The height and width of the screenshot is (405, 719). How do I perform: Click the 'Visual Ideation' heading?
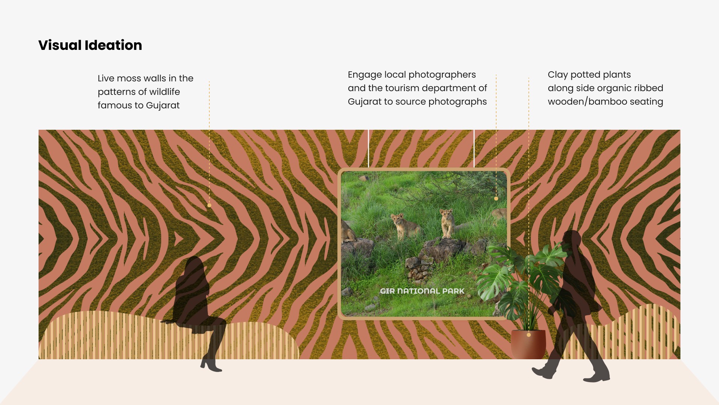[x=90, y=45]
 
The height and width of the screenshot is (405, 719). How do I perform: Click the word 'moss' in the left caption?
[x=129, y=78]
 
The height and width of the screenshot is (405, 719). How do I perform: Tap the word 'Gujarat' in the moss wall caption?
[x=163, y=106]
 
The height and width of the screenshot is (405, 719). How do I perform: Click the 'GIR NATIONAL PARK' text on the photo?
[x=422, y=291]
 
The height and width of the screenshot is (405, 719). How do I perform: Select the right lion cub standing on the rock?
[x=447, y=223]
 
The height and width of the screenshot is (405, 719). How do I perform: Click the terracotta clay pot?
[x=528, y=344]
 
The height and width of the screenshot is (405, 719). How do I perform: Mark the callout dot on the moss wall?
[x=209, y=205]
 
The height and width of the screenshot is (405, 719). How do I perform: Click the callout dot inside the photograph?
[x=496, y=199]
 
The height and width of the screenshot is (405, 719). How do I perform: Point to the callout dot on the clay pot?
[x=529, y=335]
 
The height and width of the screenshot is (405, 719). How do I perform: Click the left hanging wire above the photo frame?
[x=368, y=148]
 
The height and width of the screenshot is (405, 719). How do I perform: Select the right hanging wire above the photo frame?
[x=474, y=148]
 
